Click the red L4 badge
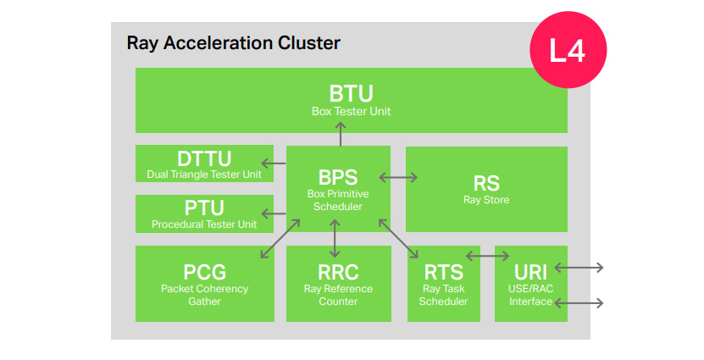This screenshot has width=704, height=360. (x=568, y=50)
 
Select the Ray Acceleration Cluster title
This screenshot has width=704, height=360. (x=234, y=43)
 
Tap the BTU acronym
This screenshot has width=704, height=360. (x=351, y=94)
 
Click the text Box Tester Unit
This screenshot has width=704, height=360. (x=351, y=111)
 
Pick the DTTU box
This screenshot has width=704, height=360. (x=204, y=163)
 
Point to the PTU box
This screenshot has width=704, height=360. (x=204, y=213)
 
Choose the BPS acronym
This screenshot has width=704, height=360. (x=338, y=177)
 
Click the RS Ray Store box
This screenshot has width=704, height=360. (x=486, y=189)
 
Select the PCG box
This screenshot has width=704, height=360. (x=205, y=283)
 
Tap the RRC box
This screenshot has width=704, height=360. (x=339, y=283)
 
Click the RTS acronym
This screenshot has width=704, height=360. (x=444, y=272)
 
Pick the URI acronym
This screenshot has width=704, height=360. (x=530, y=272)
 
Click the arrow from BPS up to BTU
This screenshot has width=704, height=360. (x=341, y=134)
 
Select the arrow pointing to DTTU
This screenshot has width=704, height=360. (x=274, y=163)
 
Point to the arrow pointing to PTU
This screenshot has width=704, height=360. (x=274, y=213)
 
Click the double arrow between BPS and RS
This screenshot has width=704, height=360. (x=398, y=178)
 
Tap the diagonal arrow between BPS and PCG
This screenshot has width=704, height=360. (x=280, y=238)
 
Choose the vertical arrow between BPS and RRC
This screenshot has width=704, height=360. (x=335, y=238)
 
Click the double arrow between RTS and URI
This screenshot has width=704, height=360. (x=488, y=257)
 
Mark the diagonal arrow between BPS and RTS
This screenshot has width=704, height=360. (x=398, y=238)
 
